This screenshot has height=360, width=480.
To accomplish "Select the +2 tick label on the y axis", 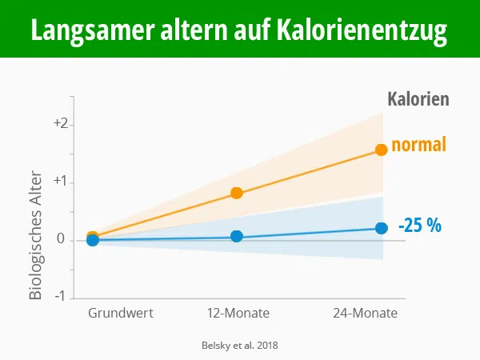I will click(62, 125).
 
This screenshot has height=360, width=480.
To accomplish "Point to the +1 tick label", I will click(62, 182).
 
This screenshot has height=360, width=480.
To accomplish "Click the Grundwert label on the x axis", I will click(120, 313).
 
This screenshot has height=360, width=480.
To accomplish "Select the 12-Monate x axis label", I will click(238, 313).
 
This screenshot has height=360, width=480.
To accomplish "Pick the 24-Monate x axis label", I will click(365, 313).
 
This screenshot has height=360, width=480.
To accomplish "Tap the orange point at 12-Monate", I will click(237, 193).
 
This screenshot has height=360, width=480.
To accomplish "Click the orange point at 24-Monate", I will click(382, 150).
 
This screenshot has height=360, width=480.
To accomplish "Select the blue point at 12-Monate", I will click(237, 236).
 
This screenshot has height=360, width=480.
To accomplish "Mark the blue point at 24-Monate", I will click(382, 229).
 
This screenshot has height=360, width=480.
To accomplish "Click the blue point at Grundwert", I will click(93, 240).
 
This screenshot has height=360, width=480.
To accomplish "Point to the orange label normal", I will click(418, 145).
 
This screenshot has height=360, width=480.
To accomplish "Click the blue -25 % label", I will click(420, 226).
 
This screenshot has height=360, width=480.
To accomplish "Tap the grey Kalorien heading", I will click(418, 100).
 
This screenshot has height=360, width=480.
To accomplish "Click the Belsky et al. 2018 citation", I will click(240, 345).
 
